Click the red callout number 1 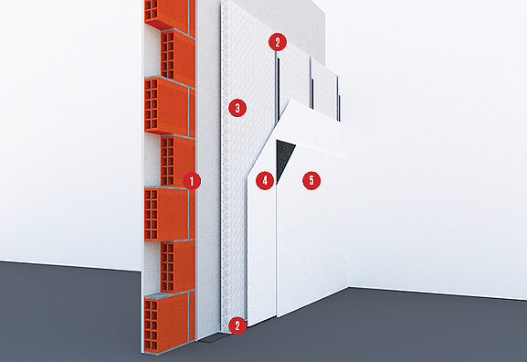[x=191, y=180]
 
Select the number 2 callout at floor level [x=237, y=325]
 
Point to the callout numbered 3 [x=237, y=107]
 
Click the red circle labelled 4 [x=265, y=180]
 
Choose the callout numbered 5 [x=311, y=180]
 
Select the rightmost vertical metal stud [x=338, y=91]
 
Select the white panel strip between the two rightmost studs [x=324, y=82]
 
